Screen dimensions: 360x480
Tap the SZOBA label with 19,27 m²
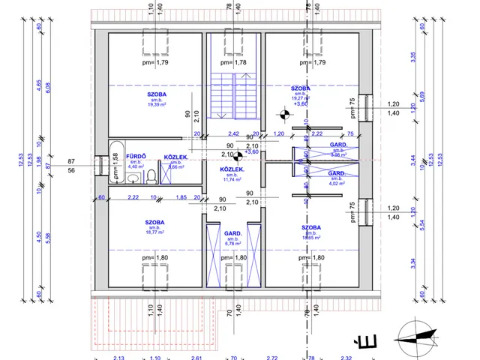pyautogui.click(x=301, y=88)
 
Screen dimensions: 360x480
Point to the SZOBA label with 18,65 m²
pyautogui.click(x=311, y=227)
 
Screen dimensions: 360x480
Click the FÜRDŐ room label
pyautogui.click(x=136, y=156)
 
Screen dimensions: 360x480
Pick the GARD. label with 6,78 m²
pyautogui.click(x=232, y=234)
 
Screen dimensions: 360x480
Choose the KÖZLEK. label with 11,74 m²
pyautogui.click(x=229, y=169)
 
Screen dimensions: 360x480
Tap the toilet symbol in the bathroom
pyautogui.click(x=151, y=175)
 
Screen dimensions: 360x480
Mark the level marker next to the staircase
pyautogui.click(x=284, y=115)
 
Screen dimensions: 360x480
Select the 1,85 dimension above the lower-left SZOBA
pyautogui.click(x=181, y=197)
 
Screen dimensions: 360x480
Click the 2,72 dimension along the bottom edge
pyautogui.click(x=271, y=357)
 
